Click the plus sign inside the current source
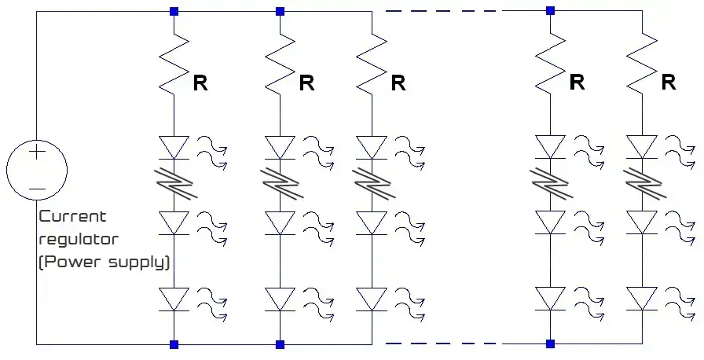[36, 153]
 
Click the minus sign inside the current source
[36, 189]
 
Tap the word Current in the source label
[72, 216]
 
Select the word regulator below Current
[79, 238]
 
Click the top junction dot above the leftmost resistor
[174, 11]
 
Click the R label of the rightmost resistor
[668, 82]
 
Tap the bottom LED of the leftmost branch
[174, 299]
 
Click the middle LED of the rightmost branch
[641, 222]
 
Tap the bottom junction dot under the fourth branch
[550, 343]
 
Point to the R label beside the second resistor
[306, 83]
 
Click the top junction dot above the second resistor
[280, 11]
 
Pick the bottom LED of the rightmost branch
[641, 299]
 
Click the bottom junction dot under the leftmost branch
[174, 343]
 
